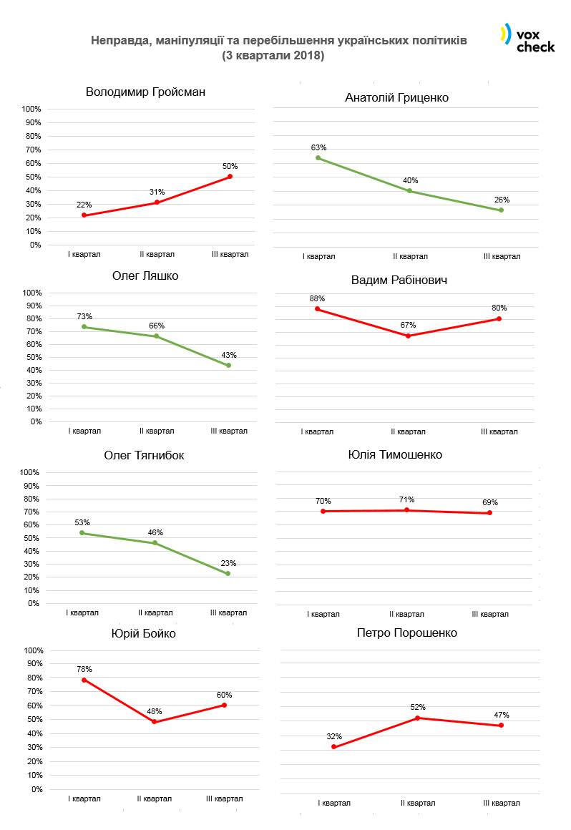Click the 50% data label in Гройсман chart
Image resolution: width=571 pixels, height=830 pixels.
pyautogui.click(x=230, y=166)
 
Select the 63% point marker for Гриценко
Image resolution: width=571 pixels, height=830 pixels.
pyautogui.click(x=318, y=157)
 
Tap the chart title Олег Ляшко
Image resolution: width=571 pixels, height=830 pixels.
pyautogui.click(x=145, y=276)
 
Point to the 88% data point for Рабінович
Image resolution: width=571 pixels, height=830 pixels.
pyautogui.click(x=317, y=309)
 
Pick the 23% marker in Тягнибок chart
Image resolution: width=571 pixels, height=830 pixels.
pyautogui.click(x=228, y=573)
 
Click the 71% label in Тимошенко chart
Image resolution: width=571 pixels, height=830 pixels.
pyautogui.click(x=407, y=499)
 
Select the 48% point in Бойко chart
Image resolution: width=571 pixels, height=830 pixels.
pyautogui.click(x=154, y=722)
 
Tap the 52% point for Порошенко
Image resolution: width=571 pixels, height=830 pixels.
pyautogui.click(x=418, y=718)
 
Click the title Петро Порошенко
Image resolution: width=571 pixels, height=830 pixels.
pyautogui.click(x=406, y=633)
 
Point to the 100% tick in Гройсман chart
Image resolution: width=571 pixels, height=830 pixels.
pyautogui.click(x=31, y=109)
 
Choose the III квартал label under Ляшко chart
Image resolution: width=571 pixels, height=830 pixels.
pyautogui.click(x=229, y=431)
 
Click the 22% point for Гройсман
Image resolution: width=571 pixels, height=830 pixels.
pyautogui.click(x=84, y=215)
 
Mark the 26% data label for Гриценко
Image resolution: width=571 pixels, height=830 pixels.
pyautogui.click(x=501, y=200)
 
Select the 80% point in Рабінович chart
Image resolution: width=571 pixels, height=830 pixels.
pyautogui.click(x=499, y=318)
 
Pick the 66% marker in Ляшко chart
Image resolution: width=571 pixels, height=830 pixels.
pyautogui.click(x=156, y=336)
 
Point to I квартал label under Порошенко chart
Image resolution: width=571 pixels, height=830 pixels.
pyautogui.click(x=333, y=803)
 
